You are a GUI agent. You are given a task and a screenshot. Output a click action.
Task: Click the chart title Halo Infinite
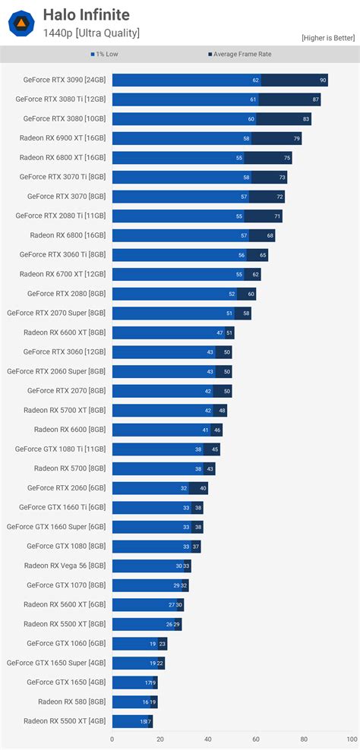point(86,14)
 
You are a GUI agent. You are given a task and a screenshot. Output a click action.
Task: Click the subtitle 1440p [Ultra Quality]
point(91,33)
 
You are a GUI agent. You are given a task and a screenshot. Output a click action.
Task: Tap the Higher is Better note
point(328,37)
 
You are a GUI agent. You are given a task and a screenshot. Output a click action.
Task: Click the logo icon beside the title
point(21,23)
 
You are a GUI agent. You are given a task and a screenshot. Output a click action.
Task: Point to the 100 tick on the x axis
point(351,739)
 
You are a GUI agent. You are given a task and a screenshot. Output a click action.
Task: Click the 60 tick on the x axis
point(256,739)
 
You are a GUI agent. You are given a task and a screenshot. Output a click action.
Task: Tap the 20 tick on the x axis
point(159,739)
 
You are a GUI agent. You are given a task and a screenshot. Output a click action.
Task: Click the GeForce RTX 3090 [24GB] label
point(65,80)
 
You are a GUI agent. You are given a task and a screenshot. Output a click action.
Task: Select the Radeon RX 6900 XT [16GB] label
point(64,138)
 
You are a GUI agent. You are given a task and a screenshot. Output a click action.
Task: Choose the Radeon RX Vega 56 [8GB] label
point(65,566)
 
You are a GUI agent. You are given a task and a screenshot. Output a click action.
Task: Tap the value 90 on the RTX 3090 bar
point(323,80)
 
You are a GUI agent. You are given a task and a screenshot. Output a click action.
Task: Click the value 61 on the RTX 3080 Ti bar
point(253,99)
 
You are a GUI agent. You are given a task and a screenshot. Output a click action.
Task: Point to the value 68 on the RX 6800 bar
point(270,235)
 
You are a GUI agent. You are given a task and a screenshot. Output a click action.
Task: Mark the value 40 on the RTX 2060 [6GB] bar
point(203,488)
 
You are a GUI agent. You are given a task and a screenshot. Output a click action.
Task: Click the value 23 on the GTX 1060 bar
point(163,644)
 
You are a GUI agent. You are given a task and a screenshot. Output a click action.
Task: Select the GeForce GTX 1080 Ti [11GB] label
point(62,449)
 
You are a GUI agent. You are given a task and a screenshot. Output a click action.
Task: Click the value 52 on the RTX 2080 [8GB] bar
point(232,294)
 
